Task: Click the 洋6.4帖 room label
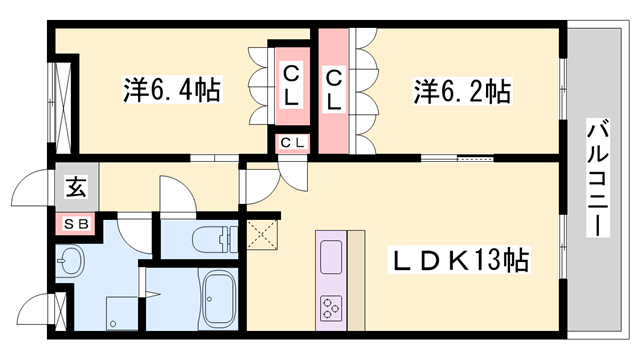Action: click(x=171, y=91)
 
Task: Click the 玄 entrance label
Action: click(x=76, y=186)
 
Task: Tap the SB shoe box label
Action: click(x=76, y=225)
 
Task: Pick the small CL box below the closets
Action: click(x=293, y=143)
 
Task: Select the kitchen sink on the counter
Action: click(x=331, y=254)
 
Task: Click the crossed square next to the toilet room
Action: click(x=262, y=236)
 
